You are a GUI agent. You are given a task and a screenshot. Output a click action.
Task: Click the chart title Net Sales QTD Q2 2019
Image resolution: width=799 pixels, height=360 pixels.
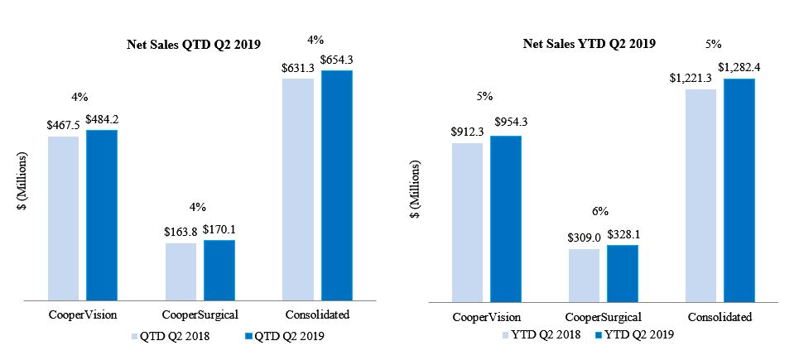188,45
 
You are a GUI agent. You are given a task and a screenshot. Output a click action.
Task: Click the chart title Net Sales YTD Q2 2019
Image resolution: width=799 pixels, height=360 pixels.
590,44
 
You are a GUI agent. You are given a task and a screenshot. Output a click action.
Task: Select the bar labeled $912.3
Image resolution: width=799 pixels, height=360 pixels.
467,221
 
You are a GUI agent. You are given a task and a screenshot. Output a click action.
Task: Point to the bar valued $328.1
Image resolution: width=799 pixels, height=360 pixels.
622,272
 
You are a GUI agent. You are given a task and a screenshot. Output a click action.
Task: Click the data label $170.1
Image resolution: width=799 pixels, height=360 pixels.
219,230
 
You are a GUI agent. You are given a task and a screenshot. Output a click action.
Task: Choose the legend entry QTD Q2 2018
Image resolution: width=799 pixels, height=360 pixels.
171,336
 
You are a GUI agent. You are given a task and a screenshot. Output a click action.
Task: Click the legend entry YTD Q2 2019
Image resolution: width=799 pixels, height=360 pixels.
634,334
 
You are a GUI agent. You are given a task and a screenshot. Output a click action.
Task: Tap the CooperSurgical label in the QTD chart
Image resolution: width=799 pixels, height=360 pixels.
200,314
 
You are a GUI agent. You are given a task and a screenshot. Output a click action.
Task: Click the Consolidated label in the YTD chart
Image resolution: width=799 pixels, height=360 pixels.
720,317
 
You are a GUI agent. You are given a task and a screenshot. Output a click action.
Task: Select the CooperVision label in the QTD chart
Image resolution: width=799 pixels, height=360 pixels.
82,314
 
